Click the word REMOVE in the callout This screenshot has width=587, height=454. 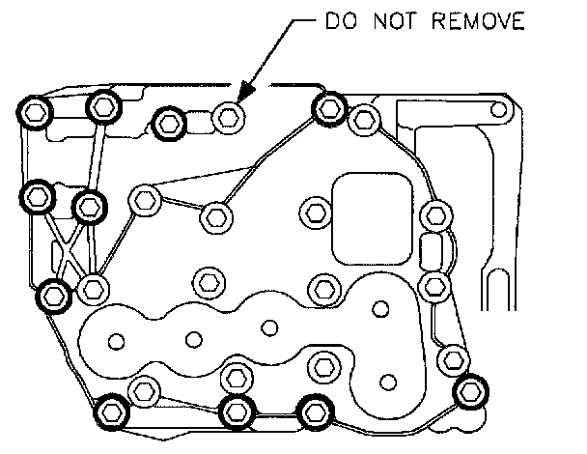pos(476,21)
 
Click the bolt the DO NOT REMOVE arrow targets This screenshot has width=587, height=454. pos(228,118)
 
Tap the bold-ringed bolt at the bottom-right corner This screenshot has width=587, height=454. pos(470,391)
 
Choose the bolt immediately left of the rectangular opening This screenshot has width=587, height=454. pos(313,211)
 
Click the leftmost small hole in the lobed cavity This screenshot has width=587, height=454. pos(117,340)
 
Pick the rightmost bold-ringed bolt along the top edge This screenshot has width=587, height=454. pos(328,107)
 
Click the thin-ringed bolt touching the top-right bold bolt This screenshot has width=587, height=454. pos(363,120)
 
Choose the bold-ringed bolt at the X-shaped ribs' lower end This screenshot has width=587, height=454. pos(54,294)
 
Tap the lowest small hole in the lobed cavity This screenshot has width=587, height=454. pos(389,378)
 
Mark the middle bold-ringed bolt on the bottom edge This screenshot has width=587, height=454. pos(236,411)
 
